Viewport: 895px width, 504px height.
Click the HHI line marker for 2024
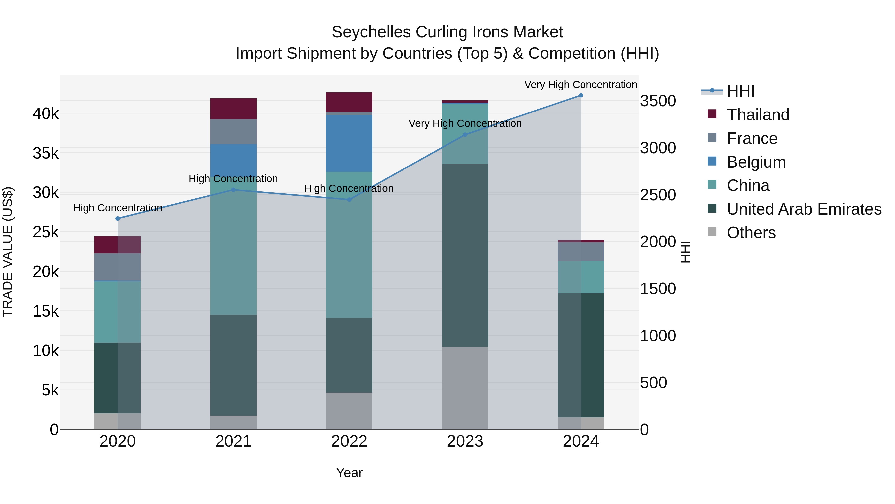pos(581,95)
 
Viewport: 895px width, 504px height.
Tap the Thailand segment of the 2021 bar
pos(233,109)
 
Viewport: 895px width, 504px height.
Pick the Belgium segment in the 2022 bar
pos(349,143)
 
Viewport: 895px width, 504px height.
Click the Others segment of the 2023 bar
pos(465,388)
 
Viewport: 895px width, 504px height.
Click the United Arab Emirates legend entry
pos(804,209)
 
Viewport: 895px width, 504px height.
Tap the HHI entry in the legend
pos(740,91)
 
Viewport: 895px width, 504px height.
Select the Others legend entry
pos(751,233)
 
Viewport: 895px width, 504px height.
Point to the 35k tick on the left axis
pos(45,153)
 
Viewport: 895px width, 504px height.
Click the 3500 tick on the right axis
pos(658,101)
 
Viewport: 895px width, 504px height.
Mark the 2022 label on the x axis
pos(349,441)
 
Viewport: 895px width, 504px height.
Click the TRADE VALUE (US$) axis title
pos(8,252)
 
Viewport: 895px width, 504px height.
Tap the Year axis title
pos(349,473)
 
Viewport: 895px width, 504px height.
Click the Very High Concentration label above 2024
pos(581,85)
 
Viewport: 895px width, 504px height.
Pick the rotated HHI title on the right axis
pos(685,252)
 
